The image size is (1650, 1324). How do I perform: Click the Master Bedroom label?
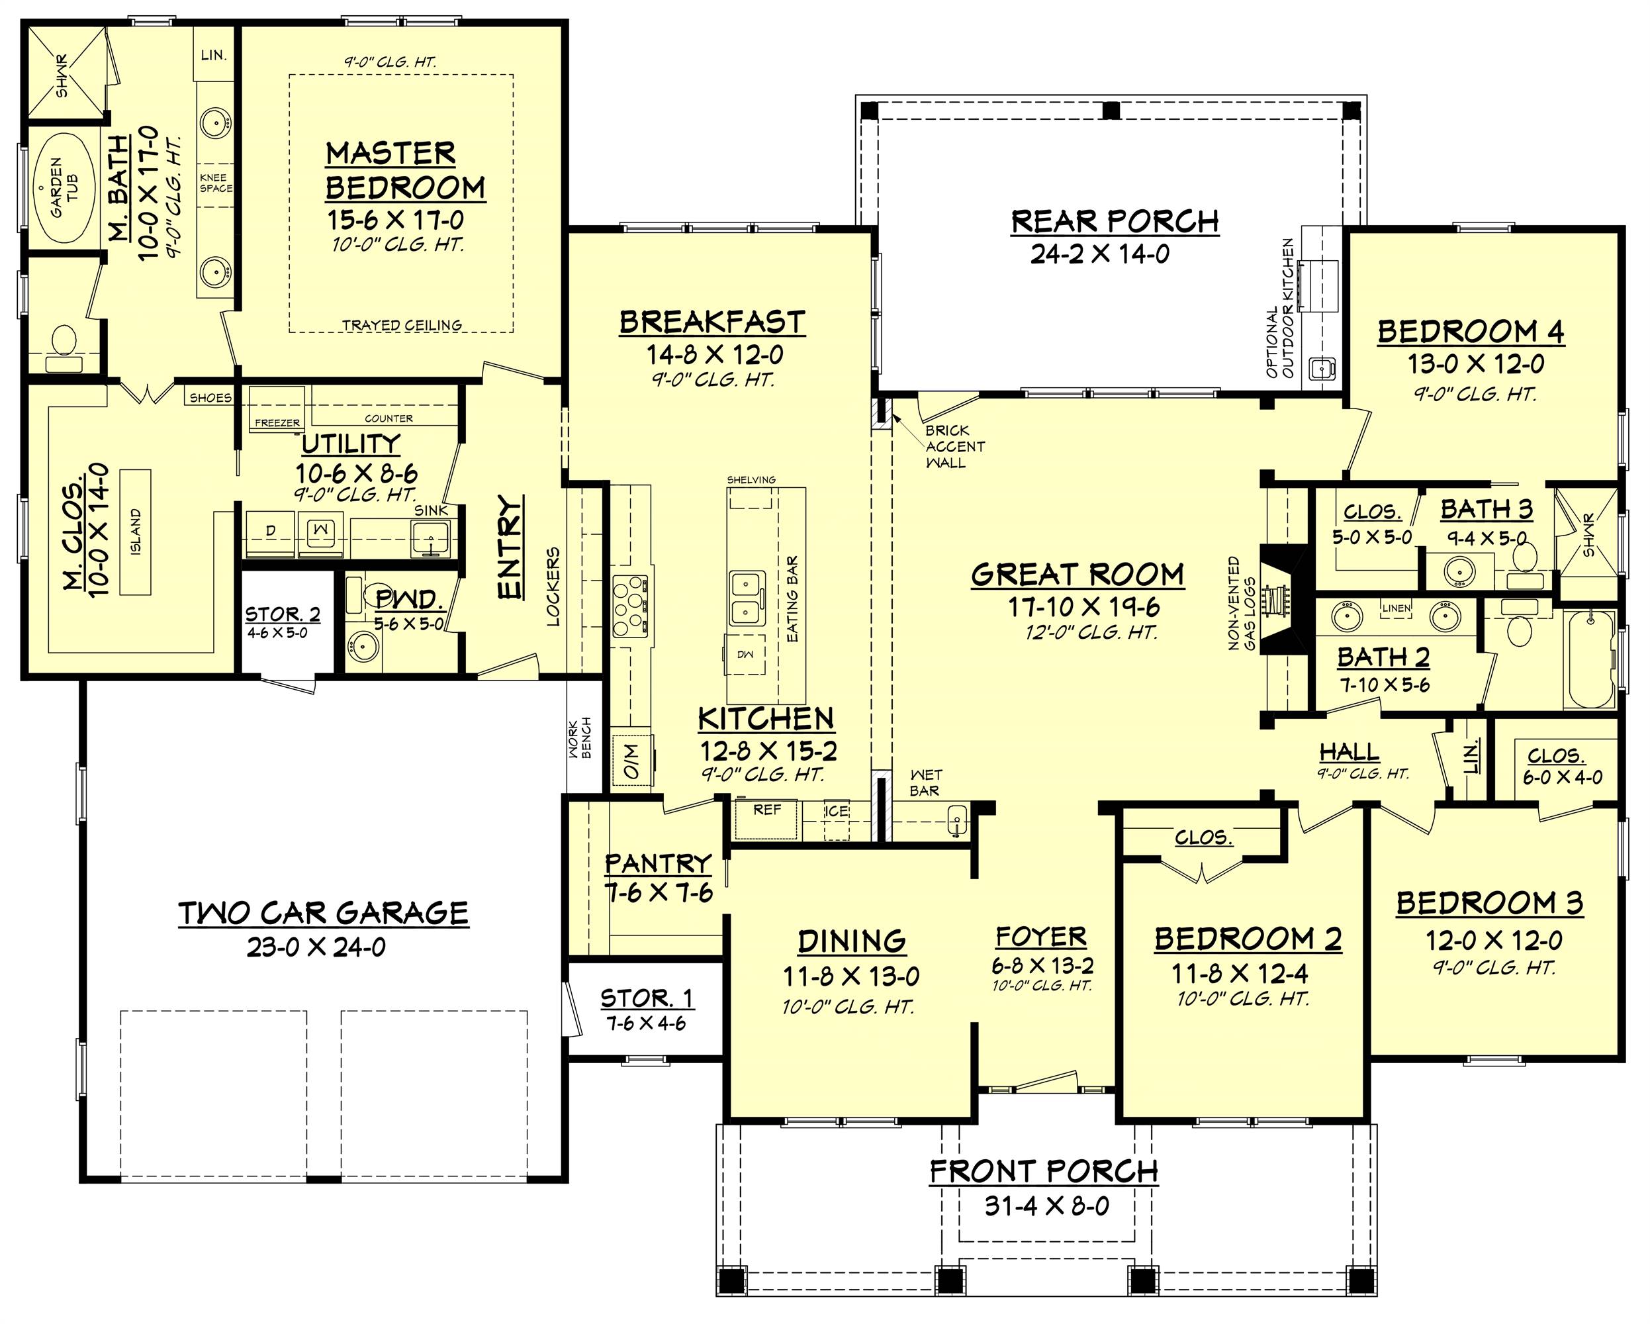click(405, 171)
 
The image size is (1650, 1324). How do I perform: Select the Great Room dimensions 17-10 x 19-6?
click(1083, 607)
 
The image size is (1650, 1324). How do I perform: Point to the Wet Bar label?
click(925, 782)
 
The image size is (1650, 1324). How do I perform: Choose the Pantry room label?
click(657, 863)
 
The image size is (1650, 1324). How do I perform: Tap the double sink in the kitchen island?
click(746, 598)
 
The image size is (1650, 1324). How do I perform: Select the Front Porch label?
click(1044, 1172)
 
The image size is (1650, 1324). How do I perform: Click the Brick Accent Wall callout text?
click(954, 446)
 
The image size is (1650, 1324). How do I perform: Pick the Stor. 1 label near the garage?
click(647, 998)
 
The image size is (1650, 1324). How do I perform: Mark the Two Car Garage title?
click(323, 913)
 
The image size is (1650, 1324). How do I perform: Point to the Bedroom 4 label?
click(1471, 332)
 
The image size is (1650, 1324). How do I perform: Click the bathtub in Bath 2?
click(1590, 659)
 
